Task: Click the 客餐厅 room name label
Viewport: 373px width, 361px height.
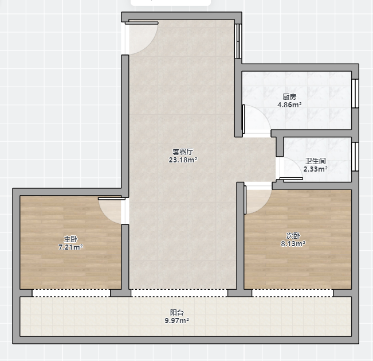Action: pyautogui.click(x=183, y=152)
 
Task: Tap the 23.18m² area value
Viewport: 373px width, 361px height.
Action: pyautogui.click(x=183, y=160)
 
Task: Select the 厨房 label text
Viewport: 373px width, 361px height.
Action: pyautogui.click(x=289, y=97)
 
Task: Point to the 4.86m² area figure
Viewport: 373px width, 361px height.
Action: pyautogui.click(x=289, y=104)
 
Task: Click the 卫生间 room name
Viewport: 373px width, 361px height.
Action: pyautogui.click(x=316, y=161)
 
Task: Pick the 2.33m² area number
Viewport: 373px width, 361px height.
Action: pyautogui.click(x=316, y=169)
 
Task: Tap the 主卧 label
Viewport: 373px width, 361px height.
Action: pyautogui.click(x=70, y=239)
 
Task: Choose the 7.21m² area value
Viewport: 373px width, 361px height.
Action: pyautogui.click(x=70, y=247)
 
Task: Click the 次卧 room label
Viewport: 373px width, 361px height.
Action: pyautogui.click(x=293, y=236)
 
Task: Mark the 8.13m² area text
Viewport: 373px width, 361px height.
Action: pyautogui.click(x=293, y=244)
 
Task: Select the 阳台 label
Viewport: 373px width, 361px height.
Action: pyautogui.click(x=176, y=312)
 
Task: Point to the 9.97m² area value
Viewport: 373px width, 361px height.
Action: pyautogui.click(x=176, y=320)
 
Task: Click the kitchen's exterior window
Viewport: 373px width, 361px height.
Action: pyautogui.click(x=355, y=94)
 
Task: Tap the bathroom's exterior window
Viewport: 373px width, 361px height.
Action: pyautogui.click(x=355, y=157)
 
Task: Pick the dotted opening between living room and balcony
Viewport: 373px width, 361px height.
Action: pyautogui.click(x=179, y=293)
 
